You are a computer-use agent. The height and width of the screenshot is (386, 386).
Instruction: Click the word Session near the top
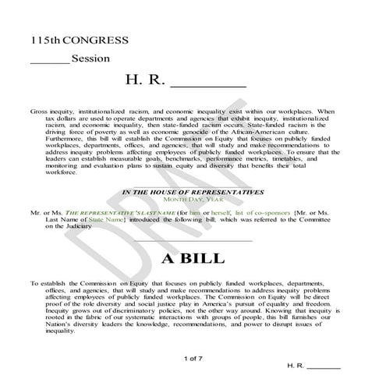pos(90,58)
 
